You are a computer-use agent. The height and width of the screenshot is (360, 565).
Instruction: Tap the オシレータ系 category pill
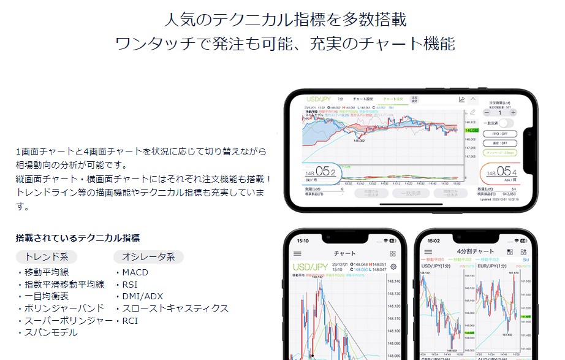(x=148, y=256)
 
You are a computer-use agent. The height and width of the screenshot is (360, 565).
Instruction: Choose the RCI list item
(x=130, y=320)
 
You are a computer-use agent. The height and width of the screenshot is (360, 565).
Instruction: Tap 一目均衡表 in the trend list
(x=46, y=296)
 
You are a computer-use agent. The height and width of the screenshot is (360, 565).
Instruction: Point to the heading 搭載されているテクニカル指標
(x=77, y=238)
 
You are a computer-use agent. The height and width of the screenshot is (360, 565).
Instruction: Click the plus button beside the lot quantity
(x=513, y=113)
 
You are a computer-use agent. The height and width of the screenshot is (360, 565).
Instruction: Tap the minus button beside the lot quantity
(x=487, y=113)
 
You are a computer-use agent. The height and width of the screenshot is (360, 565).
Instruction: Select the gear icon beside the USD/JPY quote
(x=393, y=267)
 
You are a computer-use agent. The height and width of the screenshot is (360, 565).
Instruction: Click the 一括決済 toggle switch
(x=507, y=123)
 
